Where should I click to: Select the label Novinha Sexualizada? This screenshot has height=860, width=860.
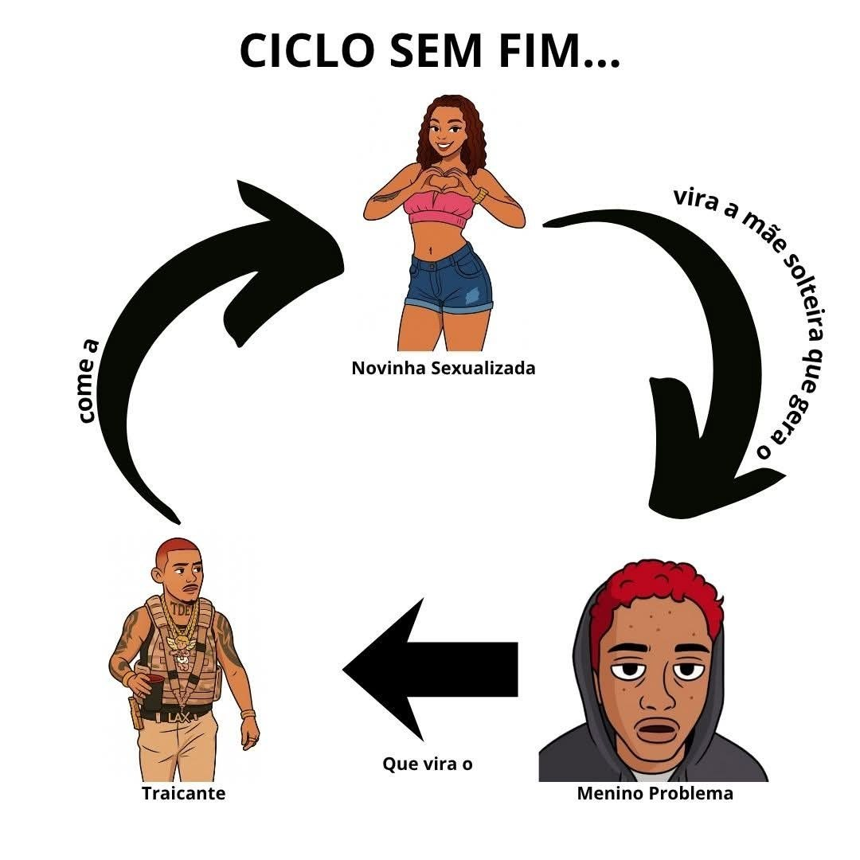coord(444,368)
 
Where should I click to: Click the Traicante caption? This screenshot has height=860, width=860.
coord(183,793)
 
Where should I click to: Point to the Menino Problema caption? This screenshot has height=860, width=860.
coord(655,794)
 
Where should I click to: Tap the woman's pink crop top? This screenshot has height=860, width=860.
coord(440,210)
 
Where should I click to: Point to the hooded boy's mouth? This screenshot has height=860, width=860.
coord(658,729)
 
